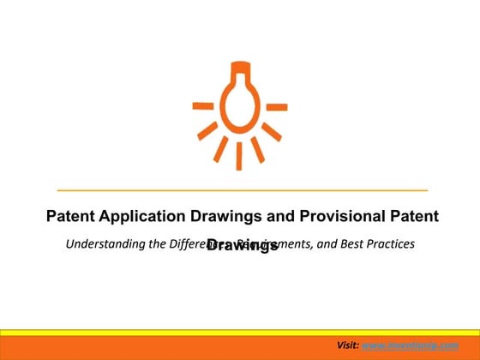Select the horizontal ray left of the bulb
click(x=203, y=106)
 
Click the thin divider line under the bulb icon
click(x=242, y=189)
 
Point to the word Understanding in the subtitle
click(x=105, y=244)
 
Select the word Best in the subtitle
click(x=345, y=244)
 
